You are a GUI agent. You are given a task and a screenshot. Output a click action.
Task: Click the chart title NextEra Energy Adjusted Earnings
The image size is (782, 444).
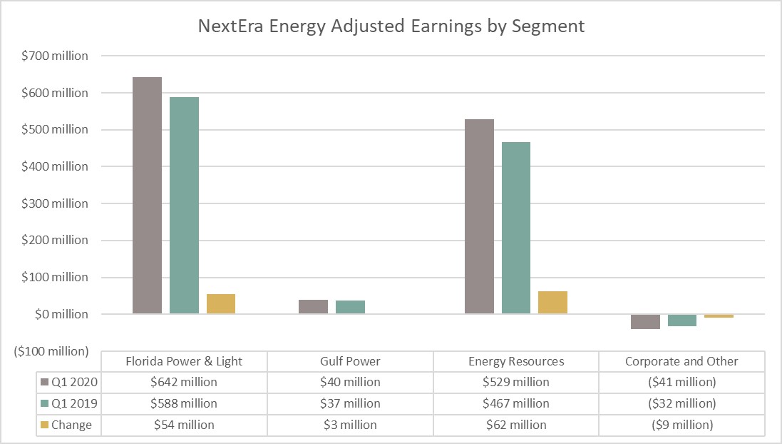click(x=391, y=26)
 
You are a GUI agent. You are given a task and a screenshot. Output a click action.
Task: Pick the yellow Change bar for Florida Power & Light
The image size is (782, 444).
click(x=221, y=303)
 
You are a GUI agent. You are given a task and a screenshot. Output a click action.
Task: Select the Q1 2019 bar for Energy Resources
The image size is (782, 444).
click(x=516, y=228)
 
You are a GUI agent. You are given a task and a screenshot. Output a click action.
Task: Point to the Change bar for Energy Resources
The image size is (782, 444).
click(x=552, y=302)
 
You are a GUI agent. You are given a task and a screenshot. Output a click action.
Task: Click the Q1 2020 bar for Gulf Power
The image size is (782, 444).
click(x=313, y=306)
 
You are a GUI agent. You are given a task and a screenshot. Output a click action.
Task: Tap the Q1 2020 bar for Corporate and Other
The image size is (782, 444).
click(x=645, y=321)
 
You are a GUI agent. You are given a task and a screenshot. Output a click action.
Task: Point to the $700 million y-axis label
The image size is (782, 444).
click(x=61, y=56)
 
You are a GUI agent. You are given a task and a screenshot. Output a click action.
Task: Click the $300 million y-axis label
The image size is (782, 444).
click(x=61, y=203)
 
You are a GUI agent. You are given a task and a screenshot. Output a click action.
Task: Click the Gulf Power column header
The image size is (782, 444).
click(x=350, y=361)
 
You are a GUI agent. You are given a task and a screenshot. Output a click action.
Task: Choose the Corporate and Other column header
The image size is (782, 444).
click(x=681, y=361)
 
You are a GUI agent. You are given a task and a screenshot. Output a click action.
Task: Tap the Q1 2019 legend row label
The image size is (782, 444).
click(x=71, y=403)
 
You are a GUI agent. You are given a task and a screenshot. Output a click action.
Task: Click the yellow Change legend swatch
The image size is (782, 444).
click(x=45, y=425)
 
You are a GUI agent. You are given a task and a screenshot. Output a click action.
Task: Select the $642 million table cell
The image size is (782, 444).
click(x=184, y=382)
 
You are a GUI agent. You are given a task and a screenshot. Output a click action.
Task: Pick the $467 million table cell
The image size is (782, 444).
click(x=516, y=403)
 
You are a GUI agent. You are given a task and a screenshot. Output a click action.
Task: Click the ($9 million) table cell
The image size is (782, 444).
click(x=681, y=425)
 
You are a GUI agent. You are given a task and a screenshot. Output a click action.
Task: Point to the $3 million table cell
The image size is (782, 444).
click(x=350, y=425)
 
